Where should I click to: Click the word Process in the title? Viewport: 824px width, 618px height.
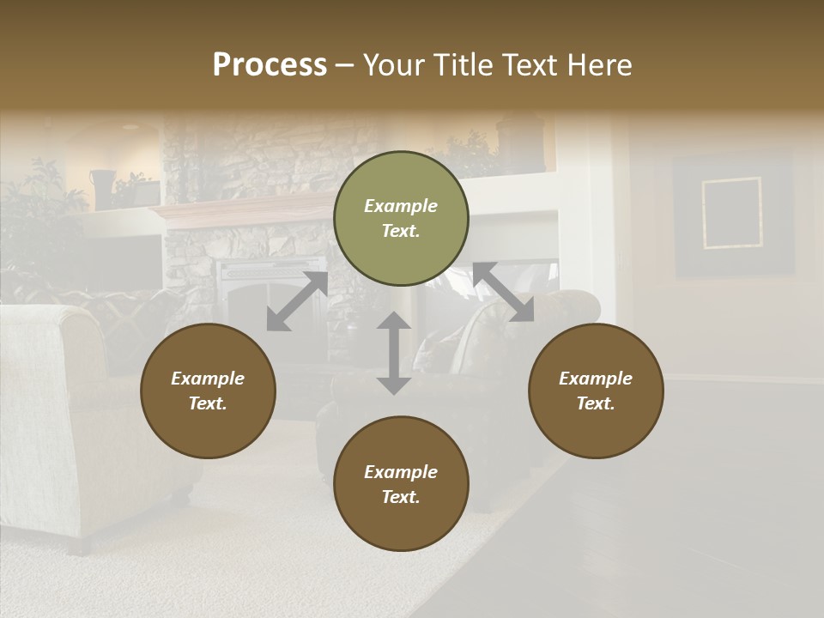coord(270,65)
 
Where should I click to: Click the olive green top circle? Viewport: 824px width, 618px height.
coord(401,219)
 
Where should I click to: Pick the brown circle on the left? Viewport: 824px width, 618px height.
coord(208,391)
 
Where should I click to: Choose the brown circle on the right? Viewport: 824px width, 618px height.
coord(596,391)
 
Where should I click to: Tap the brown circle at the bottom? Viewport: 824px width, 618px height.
coord(401,484)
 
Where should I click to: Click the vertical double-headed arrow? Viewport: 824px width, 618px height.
coord(394,353)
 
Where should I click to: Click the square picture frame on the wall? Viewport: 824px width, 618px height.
coord(732,213)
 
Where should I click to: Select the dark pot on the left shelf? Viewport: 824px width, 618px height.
coord(103,188)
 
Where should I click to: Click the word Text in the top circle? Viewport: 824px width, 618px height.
coord(401,232)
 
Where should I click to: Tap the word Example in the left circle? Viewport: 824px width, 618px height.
coord(208,379)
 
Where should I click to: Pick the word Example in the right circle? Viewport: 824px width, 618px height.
coord(596,379)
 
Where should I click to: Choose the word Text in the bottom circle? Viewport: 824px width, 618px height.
coord(401,497)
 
